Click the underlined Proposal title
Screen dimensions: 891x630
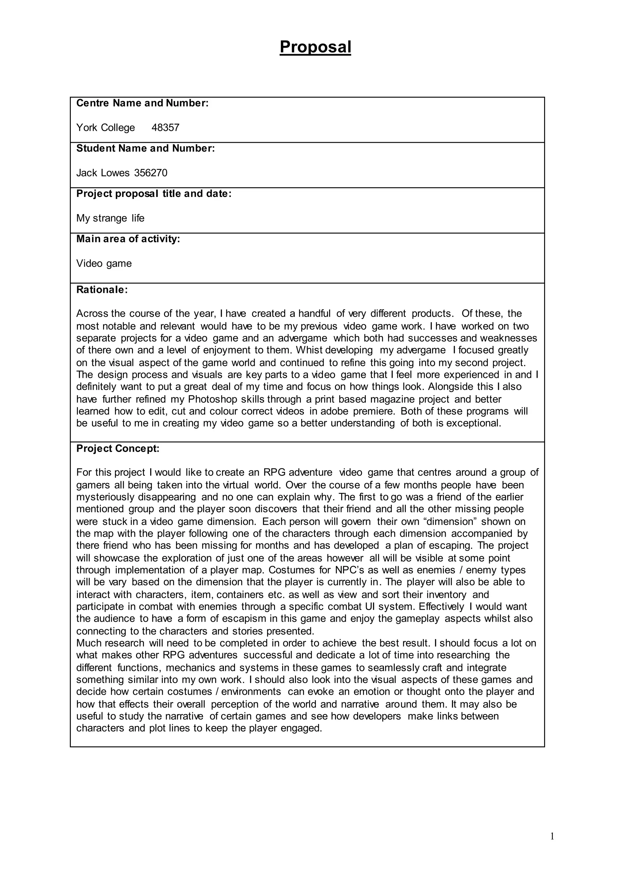[315, 47]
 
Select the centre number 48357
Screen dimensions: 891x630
[165, 128]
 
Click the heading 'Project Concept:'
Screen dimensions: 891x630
[118, 449]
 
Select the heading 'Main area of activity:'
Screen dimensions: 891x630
[128, 239]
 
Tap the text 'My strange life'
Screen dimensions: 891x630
[110, 218]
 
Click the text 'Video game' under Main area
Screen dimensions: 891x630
[104, 263]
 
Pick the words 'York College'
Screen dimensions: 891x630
[106, 128]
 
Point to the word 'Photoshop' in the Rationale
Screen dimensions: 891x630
[213, 399]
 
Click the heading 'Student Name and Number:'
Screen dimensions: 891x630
[146, 148]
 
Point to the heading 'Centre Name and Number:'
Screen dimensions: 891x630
[142, 103]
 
